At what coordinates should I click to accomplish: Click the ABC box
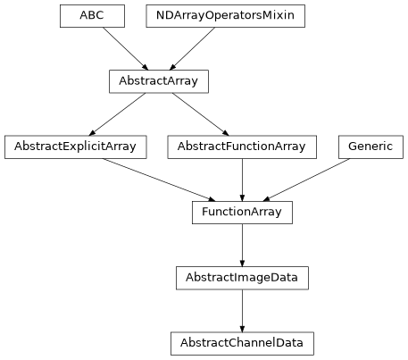[x=92, y=16]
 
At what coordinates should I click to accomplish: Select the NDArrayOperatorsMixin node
[x=225, y=16]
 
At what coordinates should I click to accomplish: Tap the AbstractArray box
[x=159, y=81]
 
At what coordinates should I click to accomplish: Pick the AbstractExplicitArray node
[x=75, y=147]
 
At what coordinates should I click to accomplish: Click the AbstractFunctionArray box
[x=241, y=147]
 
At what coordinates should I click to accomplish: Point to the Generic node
[x=371, y=147]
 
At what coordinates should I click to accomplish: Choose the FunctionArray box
[x=242, y=212]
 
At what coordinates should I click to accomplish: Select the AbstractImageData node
[x=242, y=278]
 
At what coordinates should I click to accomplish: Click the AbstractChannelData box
[x=242, y=343]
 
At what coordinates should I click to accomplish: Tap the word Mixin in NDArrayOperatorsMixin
[x=279, y=16]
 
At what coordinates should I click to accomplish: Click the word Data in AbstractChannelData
[x=288, y=343]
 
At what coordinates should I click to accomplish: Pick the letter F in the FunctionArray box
[x=205, y=212]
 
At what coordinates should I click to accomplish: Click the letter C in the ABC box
[x=100, y=16]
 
